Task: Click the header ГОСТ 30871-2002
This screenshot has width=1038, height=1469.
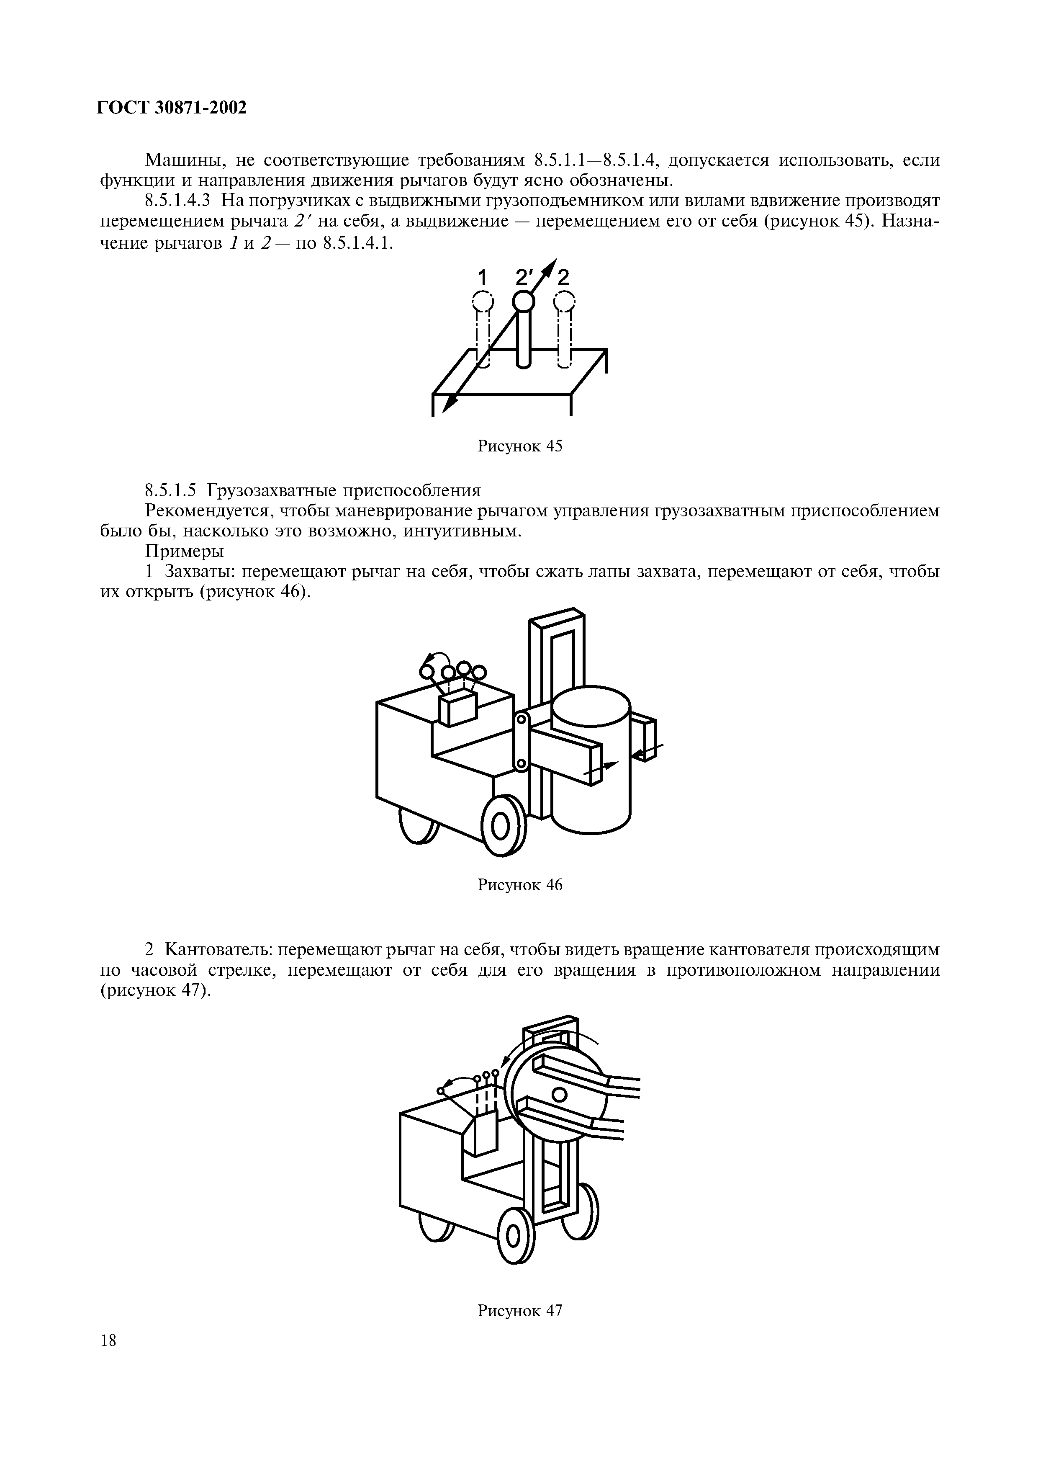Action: click(172, 108)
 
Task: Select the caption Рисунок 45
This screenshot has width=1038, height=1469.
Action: click(519, 446)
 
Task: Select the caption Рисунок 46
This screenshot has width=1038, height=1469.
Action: click(519, 885)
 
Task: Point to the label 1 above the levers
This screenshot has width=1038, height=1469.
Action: click(483, 278)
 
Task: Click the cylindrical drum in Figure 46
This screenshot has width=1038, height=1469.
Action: click(591, 761)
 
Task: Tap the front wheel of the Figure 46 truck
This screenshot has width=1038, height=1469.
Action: click(505, 825)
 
